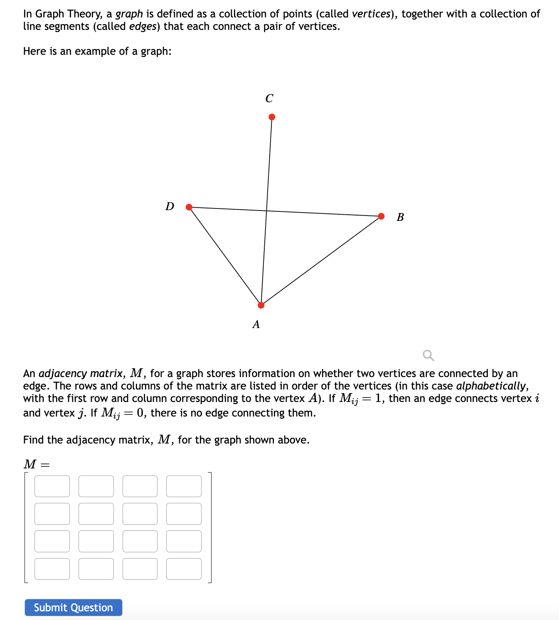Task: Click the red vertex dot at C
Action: [272, 117]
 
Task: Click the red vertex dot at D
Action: [189, 207]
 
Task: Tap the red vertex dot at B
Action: [381, 216]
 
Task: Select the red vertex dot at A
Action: [261, 305]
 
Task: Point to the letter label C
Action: [269, 98]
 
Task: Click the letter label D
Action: [170, 206]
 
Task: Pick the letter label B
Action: [400, 217]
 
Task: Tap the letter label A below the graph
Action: [256, 324]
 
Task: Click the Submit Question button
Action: [73, 608]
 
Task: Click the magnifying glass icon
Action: [428, 355]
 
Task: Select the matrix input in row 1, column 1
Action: [52, 486]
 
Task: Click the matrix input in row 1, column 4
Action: [184, 486]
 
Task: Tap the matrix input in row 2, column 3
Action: [140, 514]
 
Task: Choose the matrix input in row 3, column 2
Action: [96, 541]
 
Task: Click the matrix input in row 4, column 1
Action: [52, 569]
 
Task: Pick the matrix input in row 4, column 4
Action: [184, 569]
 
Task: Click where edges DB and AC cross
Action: [266, 211]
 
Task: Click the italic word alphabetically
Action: [492, 386]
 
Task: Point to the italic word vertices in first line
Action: [372, 14]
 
